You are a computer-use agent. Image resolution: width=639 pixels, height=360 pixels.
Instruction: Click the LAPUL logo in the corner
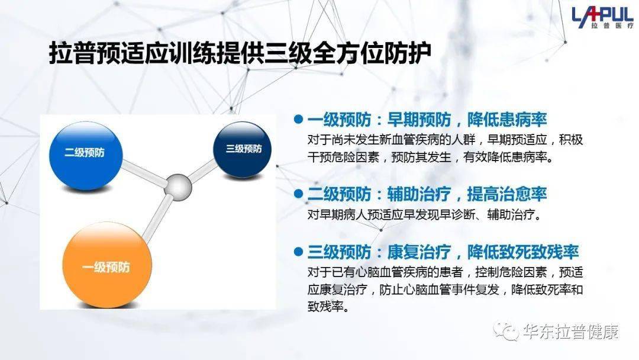603,18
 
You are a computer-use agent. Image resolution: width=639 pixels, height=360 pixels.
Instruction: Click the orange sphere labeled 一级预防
107,265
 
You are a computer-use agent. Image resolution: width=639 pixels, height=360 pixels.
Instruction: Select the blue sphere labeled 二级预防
86,156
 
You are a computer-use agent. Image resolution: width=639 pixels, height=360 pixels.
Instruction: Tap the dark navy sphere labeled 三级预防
243,150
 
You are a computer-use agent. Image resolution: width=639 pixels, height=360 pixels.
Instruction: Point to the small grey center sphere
178,187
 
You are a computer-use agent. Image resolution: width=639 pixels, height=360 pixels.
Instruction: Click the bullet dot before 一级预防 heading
298,119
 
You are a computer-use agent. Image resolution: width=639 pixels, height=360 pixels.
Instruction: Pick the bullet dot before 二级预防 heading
298,193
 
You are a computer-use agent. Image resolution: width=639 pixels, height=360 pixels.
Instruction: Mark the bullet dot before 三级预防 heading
298,252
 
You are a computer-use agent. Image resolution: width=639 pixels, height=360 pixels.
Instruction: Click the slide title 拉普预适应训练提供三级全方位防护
240,53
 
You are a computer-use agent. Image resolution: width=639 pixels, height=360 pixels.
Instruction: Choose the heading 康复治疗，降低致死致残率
483,252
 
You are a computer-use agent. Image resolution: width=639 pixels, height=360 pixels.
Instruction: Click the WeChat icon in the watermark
506,330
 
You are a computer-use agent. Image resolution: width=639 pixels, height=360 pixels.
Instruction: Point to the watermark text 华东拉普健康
570,331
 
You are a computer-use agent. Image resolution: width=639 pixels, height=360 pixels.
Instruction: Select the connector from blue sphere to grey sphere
144,173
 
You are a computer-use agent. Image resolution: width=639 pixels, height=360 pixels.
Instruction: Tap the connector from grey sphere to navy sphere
202,171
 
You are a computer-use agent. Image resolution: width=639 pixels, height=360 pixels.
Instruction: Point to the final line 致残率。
328,307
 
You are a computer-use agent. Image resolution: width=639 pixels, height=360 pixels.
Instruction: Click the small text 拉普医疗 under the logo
612,25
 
